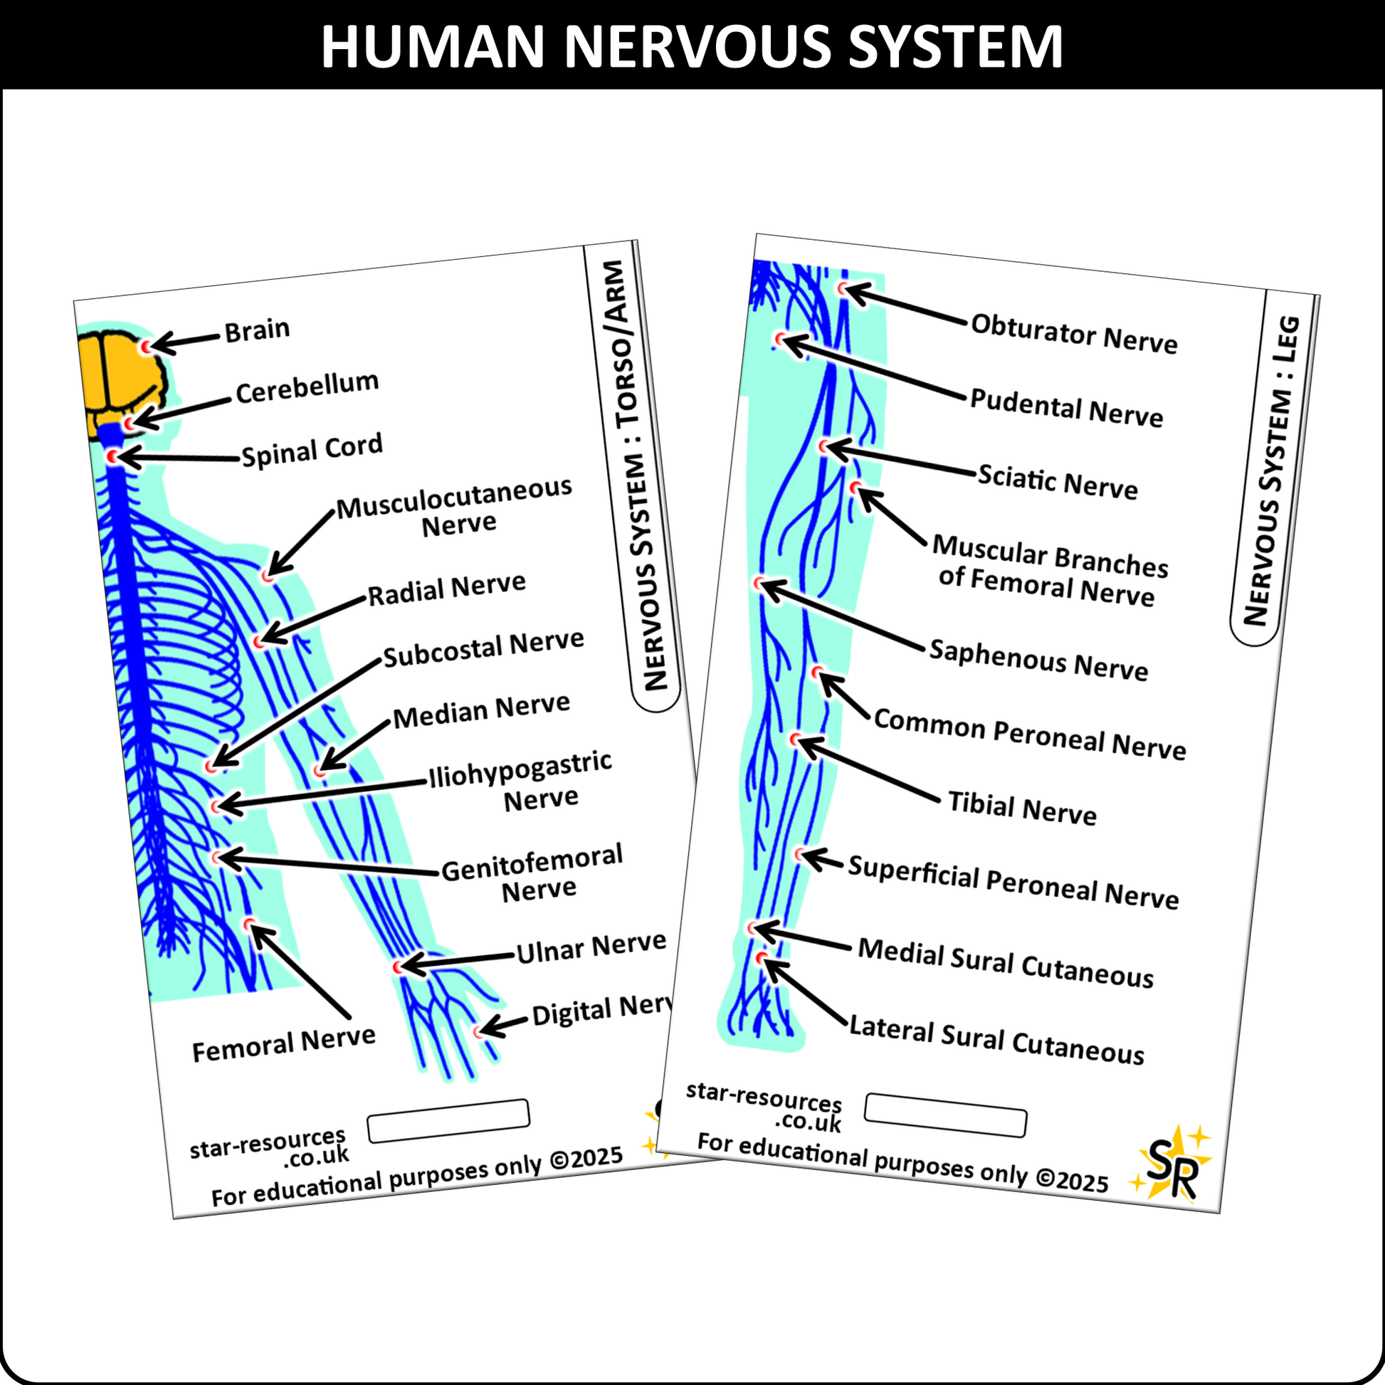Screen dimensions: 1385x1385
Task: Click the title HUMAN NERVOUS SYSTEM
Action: pos(692,46)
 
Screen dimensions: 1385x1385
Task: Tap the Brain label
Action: pos(257,330)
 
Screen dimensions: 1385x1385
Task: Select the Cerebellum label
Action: pos(307,387)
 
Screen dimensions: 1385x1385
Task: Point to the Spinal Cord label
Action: pos(312,451)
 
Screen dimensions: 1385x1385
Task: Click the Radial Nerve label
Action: pos(446,589)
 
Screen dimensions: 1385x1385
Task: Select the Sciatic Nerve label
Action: pos(1058,481)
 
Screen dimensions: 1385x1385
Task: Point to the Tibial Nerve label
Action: pos(1021,808)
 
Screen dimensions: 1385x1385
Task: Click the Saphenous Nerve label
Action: pos(1038,659)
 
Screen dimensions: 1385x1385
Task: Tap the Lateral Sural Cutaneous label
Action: pos(996,1041)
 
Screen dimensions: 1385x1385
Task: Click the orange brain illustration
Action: pos(120,380)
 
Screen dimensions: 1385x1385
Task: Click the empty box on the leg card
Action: pos(945,1115)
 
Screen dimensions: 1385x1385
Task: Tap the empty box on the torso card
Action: pos(448,1120)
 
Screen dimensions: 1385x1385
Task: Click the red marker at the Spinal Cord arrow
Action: pos(112,456)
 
